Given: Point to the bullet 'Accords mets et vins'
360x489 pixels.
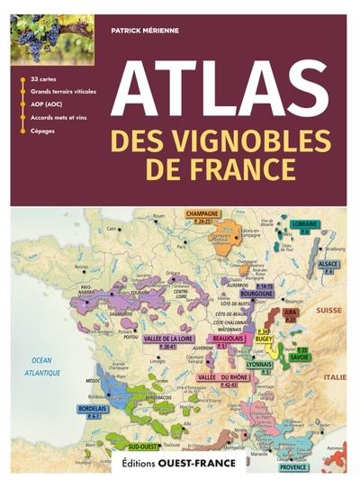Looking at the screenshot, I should (x=59, y=118).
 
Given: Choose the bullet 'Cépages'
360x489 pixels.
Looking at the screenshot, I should (x=42, y=131).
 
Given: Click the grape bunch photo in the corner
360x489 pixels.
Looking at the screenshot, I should (x=50, y=39).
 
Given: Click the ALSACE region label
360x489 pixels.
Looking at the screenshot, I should (x=328, y=264).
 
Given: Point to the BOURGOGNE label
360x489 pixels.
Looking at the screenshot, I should (x=256, y=294).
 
